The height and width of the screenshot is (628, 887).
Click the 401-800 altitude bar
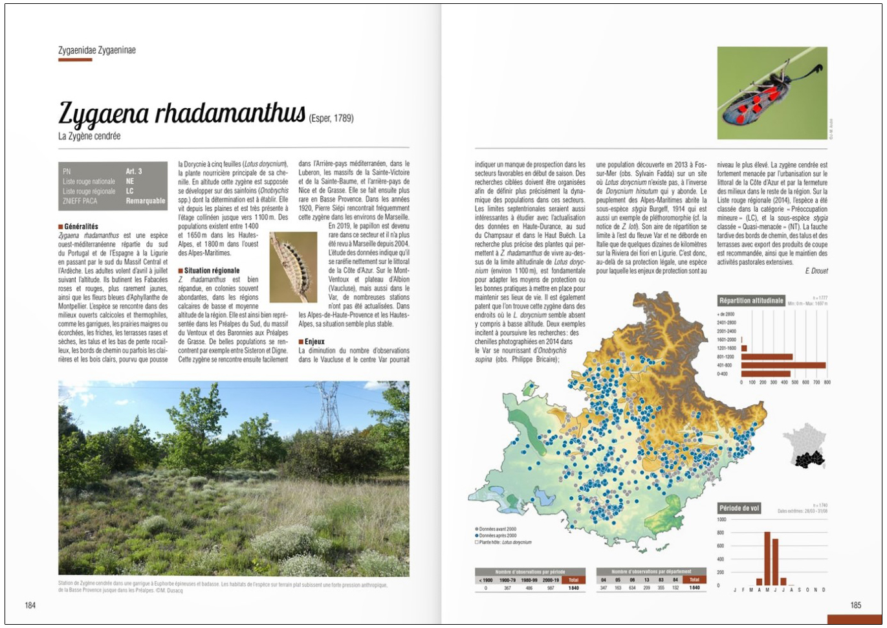783,365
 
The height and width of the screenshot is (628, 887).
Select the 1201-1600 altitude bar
744,348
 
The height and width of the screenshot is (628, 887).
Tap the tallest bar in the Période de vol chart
767,558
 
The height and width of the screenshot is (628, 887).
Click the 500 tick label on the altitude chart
794,383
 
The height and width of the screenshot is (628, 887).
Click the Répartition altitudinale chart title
750,300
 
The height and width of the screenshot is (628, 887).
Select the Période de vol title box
739,508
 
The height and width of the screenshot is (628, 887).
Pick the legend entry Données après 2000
497,535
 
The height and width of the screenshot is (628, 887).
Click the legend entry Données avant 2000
496,529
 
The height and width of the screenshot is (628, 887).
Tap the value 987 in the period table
551,588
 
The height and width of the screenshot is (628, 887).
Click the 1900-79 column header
507,580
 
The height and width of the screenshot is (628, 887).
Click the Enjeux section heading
314,342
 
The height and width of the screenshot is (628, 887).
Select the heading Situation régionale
212,271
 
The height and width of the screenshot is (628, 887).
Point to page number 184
30,605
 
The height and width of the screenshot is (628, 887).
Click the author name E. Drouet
816,271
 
